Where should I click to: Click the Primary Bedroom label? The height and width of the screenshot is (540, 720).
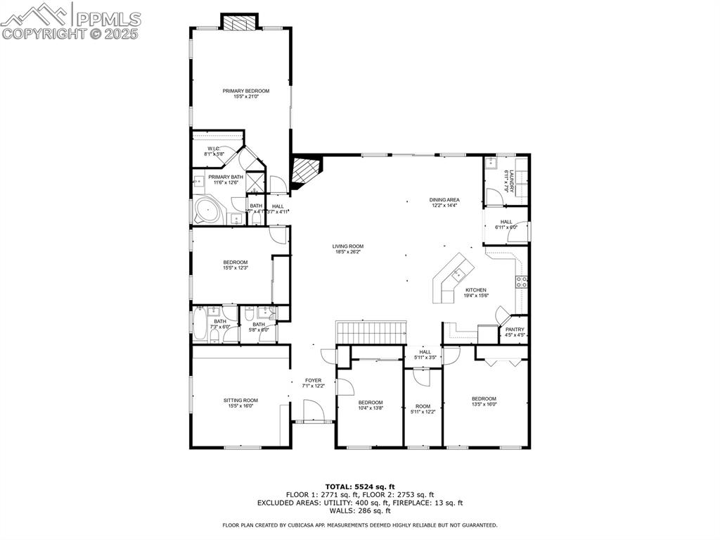(x=246, y=91)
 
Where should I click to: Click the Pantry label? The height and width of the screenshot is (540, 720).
(x=514, y=329)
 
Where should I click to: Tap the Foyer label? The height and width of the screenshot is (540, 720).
(x=313, y=380)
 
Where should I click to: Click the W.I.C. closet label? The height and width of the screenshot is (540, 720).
(x=214, y=149)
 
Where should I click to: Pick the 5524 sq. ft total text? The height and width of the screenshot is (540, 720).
(x=359, y=486)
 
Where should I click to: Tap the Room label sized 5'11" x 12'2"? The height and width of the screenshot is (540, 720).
(x=423, y=406)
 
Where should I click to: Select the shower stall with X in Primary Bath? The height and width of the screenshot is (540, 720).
(x=255, y=182)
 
